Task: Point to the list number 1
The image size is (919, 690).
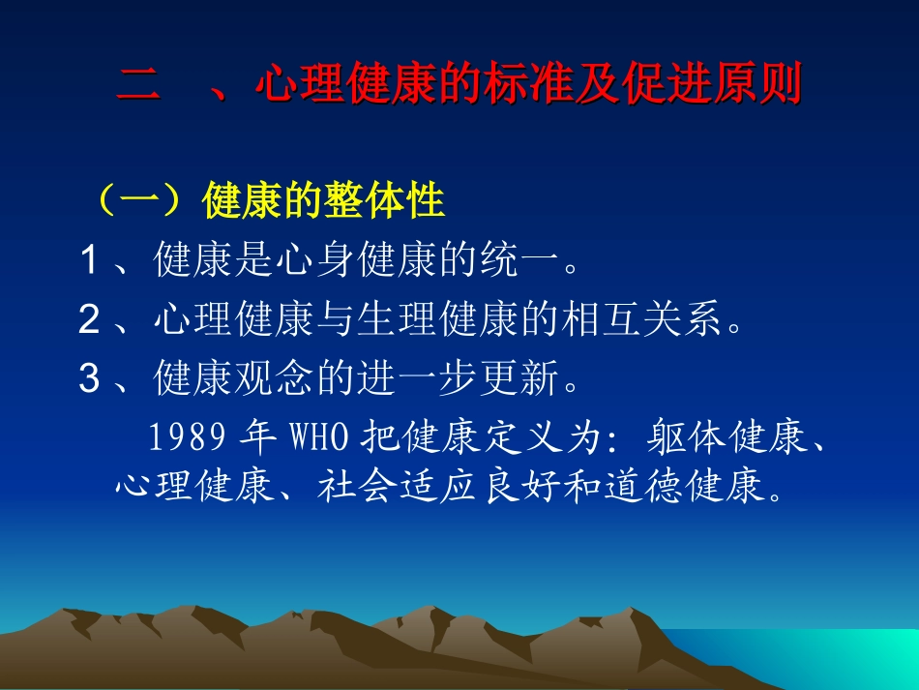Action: [90, 261]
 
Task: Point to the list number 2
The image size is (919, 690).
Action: [90, 320]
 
